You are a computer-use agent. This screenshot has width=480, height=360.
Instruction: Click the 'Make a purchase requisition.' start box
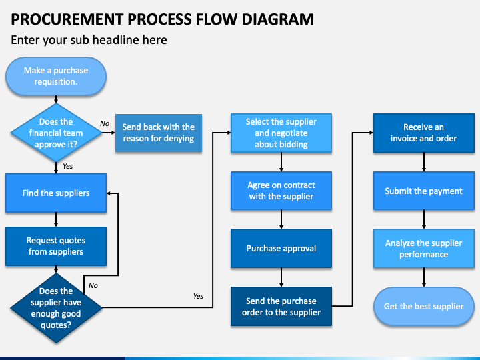pos(56,76)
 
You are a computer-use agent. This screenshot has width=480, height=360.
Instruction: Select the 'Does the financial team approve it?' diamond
pos(56,133)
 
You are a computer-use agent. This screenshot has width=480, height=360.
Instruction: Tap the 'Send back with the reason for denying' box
pos(159,133)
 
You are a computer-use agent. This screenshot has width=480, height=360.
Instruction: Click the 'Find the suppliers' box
pos(56,193)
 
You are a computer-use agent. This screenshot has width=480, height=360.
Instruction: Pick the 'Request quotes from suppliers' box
pos(56,246)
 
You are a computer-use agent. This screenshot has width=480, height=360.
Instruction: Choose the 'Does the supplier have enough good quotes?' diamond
pos(56,307)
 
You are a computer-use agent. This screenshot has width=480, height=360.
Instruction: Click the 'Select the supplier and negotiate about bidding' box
pos(281,133)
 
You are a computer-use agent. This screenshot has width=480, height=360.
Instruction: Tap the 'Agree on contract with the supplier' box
pos(281,191)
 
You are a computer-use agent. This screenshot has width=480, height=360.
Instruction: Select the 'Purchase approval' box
pos(281,248)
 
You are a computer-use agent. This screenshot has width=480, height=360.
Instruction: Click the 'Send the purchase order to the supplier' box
pos(281,307)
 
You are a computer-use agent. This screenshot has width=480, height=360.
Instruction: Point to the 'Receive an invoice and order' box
pos(424,133)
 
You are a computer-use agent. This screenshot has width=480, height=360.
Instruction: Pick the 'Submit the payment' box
pos(424,191)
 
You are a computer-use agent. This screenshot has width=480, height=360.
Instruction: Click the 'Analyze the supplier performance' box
pos(424,248)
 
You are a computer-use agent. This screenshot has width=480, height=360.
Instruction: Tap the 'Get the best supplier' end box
pos(424,307)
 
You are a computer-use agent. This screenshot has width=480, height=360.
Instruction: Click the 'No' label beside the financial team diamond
pos(105,123)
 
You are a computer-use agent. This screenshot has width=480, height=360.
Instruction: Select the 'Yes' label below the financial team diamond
pos(67,166)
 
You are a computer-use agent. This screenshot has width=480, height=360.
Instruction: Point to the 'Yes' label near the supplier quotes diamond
pos(198,296)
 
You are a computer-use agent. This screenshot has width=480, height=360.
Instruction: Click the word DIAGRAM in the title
pos(277,19)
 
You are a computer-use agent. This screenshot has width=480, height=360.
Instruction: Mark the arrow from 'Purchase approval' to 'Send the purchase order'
pos(281,277)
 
